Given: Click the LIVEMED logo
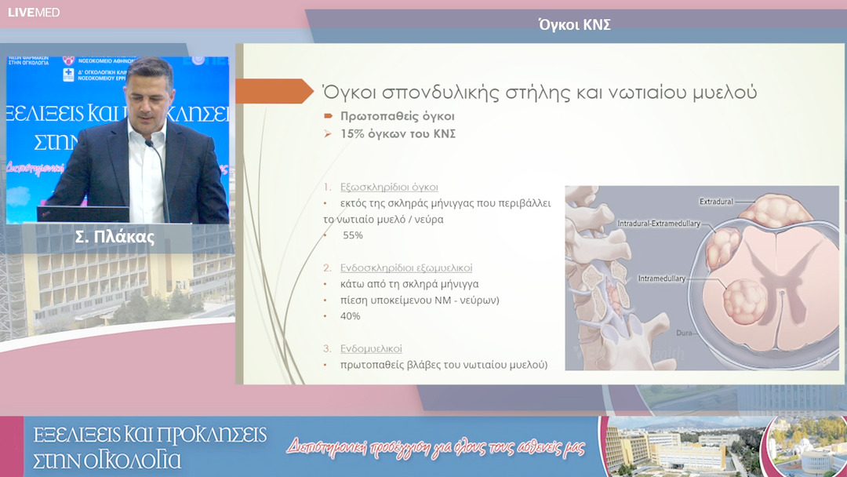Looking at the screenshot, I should point(34,13).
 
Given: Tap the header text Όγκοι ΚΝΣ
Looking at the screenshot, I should point(574,25).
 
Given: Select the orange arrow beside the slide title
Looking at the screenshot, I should point(274,91).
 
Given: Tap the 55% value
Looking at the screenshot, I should point(353,235).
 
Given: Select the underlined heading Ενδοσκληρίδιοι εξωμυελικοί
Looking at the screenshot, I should point(406,268).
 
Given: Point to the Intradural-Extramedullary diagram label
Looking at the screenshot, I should point(658,224).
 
